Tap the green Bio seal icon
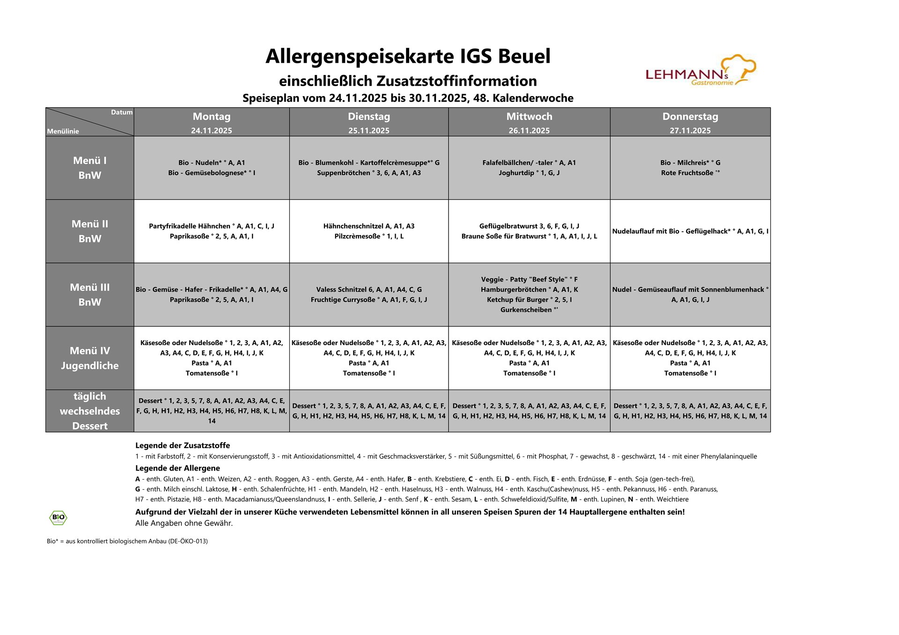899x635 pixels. (x=58, y=517)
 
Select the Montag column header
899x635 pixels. (x=211, y=117)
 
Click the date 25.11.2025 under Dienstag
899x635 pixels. (x=368, y=131)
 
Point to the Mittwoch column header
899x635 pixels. (x=529, y=117)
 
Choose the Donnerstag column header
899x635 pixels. (x=690, y=117)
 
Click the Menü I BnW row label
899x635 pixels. (x=90, y=168)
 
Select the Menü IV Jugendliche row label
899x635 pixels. (x=90, y=358)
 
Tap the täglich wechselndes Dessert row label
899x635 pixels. (x=90, y=411)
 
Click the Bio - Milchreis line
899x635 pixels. (x=690, y=162)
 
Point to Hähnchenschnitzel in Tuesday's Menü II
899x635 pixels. (x=368, y=226)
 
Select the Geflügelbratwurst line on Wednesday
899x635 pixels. (x=529, y=226)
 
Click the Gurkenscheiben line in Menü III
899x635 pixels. (x=529, y=310)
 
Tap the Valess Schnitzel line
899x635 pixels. (x=368, y=290)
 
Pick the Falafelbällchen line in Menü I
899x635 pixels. (x=529, y=162)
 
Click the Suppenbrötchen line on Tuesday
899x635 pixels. (x=368, y=173)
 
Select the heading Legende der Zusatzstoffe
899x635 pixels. (x=183, y=445)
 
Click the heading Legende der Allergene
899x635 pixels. (x=177, y=468)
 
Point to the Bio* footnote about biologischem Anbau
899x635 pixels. (x=127, y=541)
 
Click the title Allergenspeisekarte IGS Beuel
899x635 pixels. (x=408, y=57)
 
